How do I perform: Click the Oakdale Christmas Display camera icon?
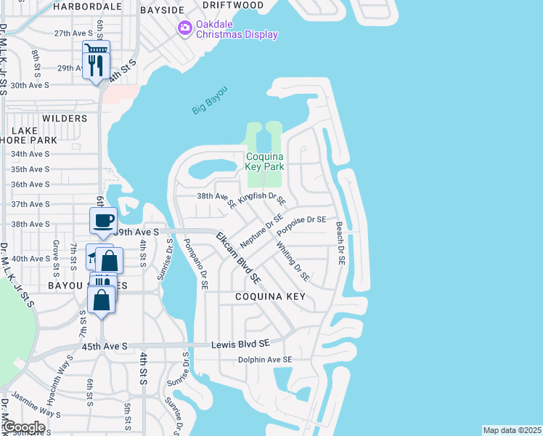point(184,28)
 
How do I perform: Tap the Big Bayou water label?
point(210,100)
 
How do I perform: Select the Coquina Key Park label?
point(264,161)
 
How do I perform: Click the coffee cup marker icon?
point(103,219)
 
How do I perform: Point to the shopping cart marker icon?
point(97,49)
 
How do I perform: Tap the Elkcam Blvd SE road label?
point(238,257)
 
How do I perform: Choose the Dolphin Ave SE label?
point(265,360)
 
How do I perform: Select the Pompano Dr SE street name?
point(196,265)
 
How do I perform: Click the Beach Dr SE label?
point(340,243)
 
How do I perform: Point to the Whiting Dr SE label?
point(293,261)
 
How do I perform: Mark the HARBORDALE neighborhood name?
point(88,6)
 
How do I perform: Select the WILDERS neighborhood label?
point(65,118)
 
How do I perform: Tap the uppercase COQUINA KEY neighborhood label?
point(270,297)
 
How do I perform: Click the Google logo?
point(23,427)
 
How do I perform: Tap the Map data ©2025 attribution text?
point(512,430)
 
